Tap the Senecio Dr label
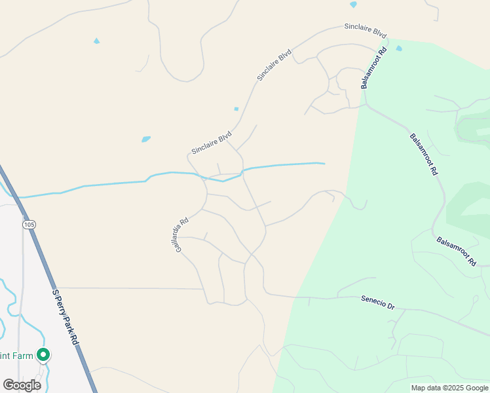[x=378, y=302]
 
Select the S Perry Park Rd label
[x=66, y=318]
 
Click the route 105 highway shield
[x=28, y=225]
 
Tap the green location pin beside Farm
[x=43, y=355]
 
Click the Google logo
[x=22, y=385]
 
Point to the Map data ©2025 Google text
[x=449, y=388]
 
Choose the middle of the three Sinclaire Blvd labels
[x=274, y=65]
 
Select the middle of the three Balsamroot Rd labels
[x=423, y=155]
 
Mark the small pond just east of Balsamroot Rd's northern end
[x=399, y=48]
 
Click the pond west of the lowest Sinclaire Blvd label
[x=145, y=139]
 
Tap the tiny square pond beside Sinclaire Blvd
[x=236, y=109]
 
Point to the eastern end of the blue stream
[x=324, y=163]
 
